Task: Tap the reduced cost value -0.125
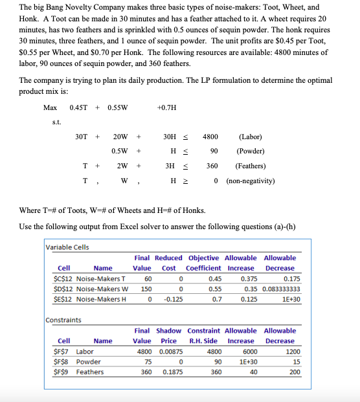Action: pyautogui.click(x=168, y=299)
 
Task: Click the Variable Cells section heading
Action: pyautogui.click(x=68, y=247)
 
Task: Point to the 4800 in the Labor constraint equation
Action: pyautogui.click(x=210, y=137)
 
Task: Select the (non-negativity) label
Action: pyautogui.click(x=251, y=180)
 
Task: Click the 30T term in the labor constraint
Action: pyautogui.click(x=82, y=137)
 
